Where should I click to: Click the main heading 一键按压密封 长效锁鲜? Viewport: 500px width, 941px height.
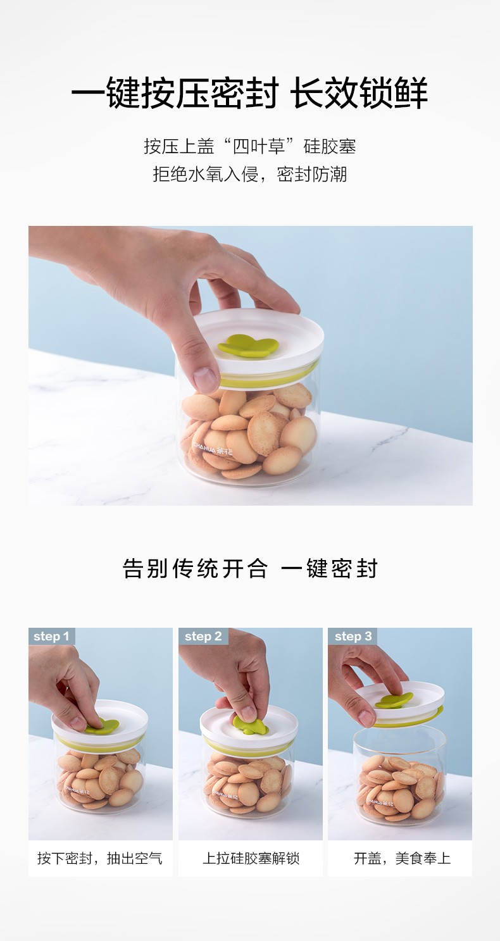[249, 93]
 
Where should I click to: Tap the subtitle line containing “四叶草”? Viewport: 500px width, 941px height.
[250, 146]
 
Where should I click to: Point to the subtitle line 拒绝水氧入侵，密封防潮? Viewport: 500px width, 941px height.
[250, 174]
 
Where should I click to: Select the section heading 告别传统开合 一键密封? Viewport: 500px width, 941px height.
[250, 568]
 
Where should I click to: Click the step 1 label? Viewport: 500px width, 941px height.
[51, 636]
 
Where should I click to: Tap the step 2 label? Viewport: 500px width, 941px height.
[203, 636]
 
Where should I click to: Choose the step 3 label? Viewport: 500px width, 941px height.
[353, 636]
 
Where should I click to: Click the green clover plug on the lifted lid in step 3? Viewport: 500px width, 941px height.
[394, 701]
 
